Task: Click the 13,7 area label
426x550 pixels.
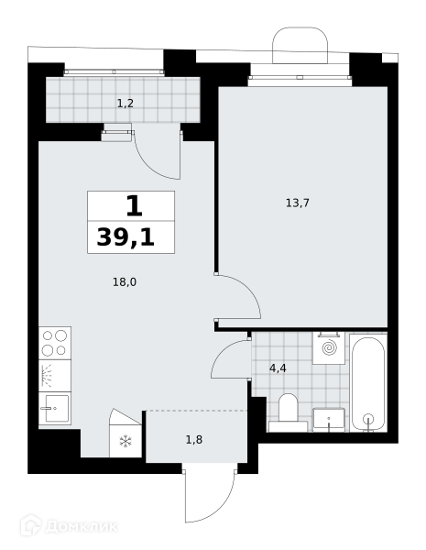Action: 298,203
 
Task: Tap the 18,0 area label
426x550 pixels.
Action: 125,282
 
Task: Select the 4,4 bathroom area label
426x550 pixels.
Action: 278,368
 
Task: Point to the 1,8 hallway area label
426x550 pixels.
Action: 194,439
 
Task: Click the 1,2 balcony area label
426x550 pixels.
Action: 126,104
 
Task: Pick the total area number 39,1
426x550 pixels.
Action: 126,237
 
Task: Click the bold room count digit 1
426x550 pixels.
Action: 134,206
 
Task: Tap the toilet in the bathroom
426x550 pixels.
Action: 288,412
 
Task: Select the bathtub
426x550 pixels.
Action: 368,382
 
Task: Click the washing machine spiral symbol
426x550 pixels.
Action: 330,348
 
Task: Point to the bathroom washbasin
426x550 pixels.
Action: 329,420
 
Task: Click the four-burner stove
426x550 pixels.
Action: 55,343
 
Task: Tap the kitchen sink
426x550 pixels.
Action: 55,408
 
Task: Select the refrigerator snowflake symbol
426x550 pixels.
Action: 126,441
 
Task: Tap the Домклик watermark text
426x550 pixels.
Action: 82,527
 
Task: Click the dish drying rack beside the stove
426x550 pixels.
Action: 55,376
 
